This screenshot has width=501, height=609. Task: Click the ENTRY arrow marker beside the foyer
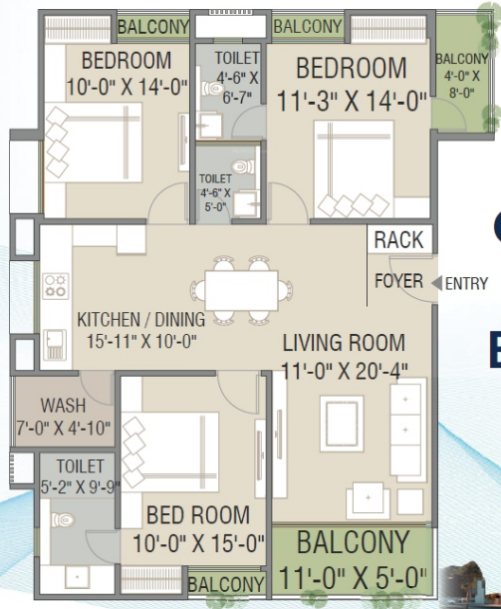(x=437, y=283)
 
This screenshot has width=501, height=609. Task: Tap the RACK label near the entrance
(x=399, y=239)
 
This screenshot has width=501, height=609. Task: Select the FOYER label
(x=399, y=281)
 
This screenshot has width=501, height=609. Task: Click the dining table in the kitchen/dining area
(x=241, y=290)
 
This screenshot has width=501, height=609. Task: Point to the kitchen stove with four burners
(x=55, y=286)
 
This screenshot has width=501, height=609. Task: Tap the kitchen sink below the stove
(x=55, y=345)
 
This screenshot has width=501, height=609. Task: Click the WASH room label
(x=64, y=406)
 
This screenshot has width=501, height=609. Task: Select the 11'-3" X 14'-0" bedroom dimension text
(x=352, y=101)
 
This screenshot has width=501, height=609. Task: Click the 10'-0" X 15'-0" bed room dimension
(x=198, y=543)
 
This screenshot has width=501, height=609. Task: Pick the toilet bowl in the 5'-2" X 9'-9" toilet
(x=62, y=519)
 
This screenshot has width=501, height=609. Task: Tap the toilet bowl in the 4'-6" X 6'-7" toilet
(x=213, y=89)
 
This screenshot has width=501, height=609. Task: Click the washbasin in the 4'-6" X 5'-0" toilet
(x=247, y=202)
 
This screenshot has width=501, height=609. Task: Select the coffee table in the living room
(x=342, y=424)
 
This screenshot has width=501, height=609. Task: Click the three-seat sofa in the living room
(x=406, y=430)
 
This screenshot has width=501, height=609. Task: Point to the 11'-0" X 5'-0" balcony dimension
(x=353, y=577)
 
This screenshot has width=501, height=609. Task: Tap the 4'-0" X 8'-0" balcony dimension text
(x=462, y=85)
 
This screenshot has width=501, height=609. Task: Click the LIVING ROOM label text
(x=344, y=343)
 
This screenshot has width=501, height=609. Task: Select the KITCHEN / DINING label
(x=140, y=319)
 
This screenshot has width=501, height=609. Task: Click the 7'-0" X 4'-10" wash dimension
(x=64, y=429)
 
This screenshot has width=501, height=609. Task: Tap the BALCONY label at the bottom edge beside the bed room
(x=227, y=584)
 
